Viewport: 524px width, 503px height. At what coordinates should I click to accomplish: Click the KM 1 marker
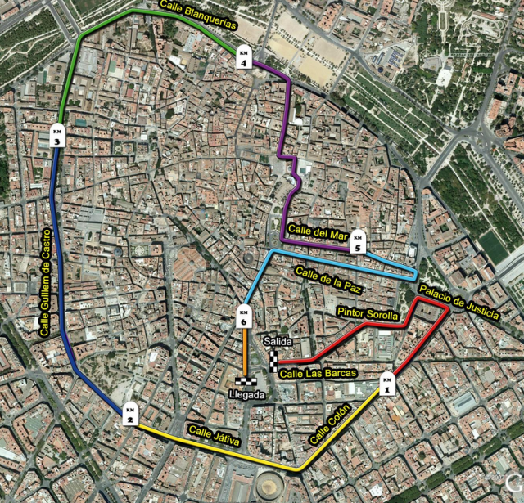coord(387,382)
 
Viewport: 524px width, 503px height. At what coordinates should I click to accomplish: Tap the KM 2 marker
coord(129,414)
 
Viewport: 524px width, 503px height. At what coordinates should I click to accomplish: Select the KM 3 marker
coord(57,136)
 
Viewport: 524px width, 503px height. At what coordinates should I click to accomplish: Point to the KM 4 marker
coord(243,56)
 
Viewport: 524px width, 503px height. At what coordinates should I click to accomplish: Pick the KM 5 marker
coord(357,241)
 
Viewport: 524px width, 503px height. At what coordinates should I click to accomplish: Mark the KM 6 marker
coord(243,315)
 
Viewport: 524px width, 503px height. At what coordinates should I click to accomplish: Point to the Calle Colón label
coord(330,424)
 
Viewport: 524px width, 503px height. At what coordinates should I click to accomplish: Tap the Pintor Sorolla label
coord(368,315)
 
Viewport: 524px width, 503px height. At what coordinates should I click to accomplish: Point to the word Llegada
coord(247,394)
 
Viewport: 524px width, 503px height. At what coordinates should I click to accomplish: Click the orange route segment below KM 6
coord(244,352)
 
